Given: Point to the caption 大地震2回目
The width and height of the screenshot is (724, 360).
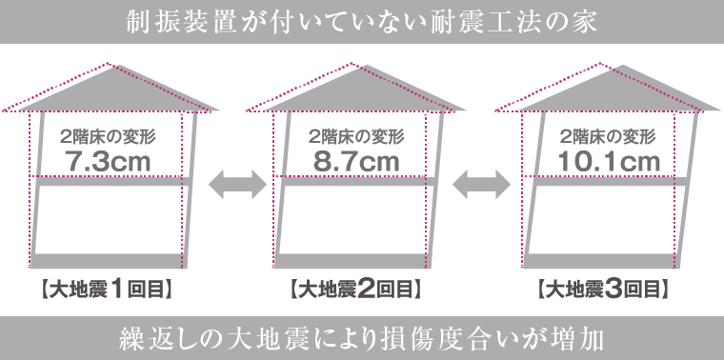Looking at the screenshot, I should (354, 287).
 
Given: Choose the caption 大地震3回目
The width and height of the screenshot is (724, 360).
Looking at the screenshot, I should (602, 287).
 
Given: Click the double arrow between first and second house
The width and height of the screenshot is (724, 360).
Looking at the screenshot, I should (232, 182).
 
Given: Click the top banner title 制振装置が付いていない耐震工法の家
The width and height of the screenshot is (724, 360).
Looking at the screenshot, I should (362, 22).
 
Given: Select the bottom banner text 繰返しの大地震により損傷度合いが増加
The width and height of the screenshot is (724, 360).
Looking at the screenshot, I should (362, 338).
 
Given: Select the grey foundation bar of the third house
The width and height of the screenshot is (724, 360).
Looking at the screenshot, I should (600, 261).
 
